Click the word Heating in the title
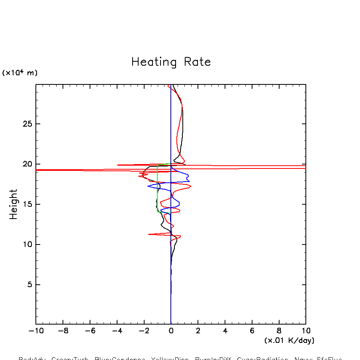(154, 63)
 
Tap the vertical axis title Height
(14, 204)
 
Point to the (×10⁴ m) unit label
(20, 73)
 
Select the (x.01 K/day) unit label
(290, 340)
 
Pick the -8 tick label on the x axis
(63, 331)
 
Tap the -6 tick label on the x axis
(90, 331)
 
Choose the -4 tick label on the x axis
(117, 331)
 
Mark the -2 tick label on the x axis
(144, 331)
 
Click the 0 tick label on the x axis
(171, 331)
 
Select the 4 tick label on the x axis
(225, 331)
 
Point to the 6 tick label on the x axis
(252, 331)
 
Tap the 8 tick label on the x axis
(279, 331)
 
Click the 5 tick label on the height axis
(26, 285)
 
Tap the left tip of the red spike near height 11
(149, 234)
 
